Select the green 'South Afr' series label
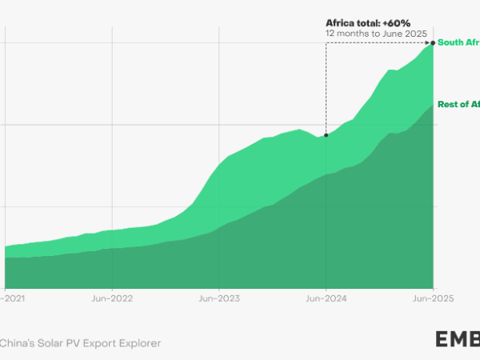tap(458, 42)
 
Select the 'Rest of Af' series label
tap(458, 105)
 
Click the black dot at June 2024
tap(326, 135)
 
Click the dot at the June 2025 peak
tap(433, 42)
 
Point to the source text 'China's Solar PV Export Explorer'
tap(80, 342)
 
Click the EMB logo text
tap(458, 339)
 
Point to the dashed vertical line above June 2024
tap(326, 88)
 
